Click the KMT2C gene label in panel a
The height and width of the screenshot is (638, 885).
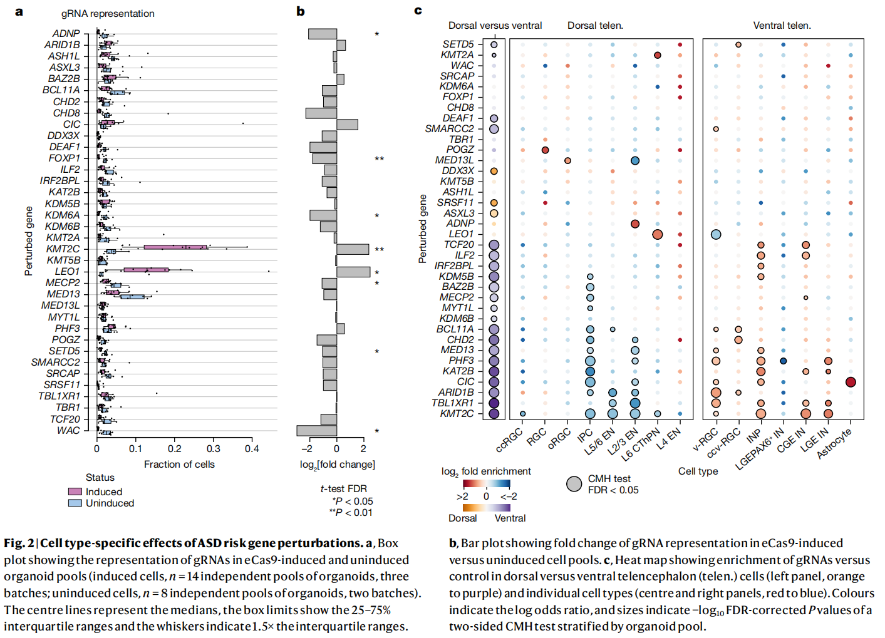63,249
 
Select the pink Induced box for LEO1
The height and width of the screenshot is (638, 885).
146,270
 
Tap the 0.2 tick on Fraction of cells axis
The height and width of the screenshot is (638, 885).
175,448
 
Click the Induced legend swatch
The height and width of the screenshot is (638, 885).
75,491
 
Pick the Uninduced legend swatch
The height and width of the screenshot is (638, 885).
75,503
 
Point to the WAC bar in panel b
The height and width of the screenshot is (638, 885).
317,431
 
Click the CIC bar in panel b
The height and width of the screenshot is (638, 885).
347,125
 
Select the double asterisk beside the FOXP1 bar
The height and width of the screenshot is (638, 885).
379,159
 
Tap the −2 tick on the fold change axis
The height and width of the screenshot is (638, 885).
306,448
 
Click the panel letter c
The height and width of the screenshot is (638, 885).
418,11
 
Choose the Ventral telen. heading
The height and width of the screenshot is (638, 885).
782,26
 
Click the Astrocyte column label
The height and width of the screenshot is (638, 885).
834,443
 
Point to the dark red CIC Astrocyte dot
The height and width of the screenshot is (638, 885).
851,382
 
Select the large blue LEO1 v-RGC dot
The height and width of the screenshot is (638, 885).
716,234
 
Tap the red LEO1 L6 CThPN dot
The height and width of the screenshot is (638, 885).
657,234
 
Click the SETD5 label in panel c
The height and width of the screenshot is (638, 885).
458,44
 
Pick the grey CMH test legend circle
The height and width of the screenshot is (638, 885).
574,484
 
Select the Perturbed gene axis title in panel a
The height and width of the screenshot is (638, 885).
29,241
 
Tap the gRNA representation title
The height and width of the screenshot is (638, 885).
108,14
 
